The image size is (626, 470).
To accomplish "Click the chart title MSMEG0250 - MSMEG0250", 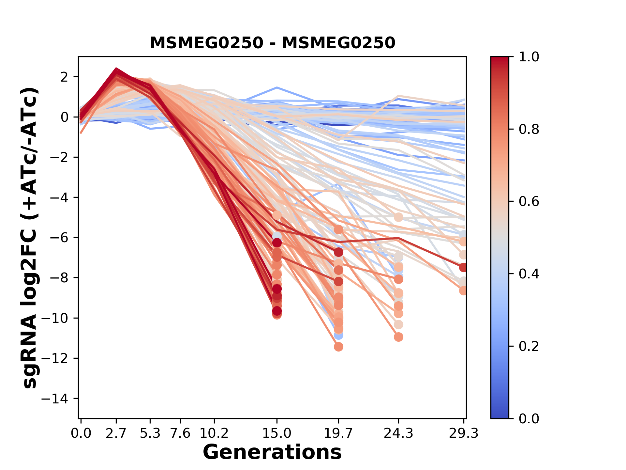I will tap(273, 43).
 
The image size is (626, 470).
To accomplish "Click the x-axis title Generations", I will tap(272, 452).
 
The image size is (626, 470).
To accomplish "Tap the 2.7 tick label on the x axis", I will tap(116, 433).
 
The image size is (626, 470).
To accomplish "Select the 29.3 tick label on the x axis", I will tap(463, 433).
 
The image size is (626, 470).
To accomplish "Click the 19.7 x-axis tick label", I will tap(338, 433).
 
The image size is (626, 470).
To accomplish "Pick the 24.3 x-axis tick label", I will tap(398, 433).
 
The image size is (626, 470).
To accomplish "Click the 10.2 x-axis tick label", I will tap(214, 433).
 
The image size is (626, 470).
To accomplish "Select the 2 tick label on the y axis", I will tap(64, 77).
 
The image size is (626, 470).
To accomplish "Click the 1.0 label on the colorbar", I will tap(529, 57).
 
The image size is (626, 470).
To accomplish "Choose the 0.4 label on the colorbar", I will tap(529, 274).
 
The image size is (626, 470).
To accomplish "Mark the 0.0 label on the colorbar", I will tap(529, 418).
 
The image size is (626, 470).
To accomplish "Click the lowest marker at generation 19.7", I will tap(338, 347).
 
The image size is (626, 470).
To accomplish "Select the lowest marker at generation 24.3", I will tap(398, 337).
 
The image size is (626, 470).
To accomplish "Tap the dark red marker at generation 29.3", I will tap(463, 268).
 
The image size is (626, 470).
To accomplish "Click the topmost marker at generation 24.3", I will tap(398, 217).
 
